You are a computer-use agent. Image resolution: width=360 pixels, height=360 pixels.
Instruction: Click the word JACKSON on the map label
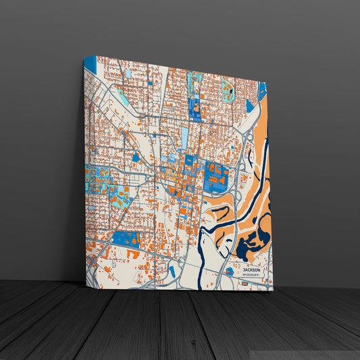click(251, 269)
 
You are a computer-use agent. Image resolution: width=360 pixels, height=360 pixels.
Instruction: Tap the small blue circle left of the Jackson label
click(230, 271)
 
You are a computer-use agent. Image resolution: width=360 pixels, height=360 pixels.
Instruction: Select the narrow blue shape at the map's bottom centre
click(172, 271)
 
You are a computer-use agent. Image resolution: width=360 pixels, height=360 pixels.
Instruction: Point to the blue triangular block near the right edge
click(249, 105)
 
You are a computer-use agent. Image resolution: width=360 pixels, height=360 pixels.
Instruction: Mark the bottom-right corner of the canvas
click(272, 290)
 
